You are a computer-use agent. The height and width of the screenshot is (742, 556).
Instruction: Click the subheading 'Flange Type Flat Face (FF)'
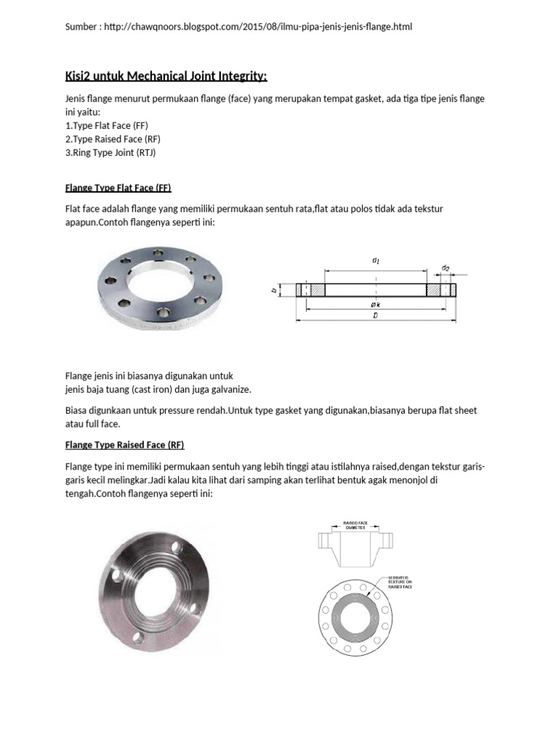pyautogui.click(x=118, y=188)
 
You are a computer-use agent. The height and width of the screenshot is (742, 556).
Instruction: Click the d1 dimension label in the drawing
pyautogui.click(x=375, y=260)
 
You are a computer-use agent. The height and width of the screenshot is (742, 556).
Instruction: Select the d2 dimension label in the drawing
pyautogui.click(x=445, y=269)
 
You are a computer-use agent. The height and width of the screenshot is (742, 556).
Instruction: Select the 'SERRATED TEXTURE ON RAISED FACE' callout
pyautogui.click(x=398, y=581)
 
